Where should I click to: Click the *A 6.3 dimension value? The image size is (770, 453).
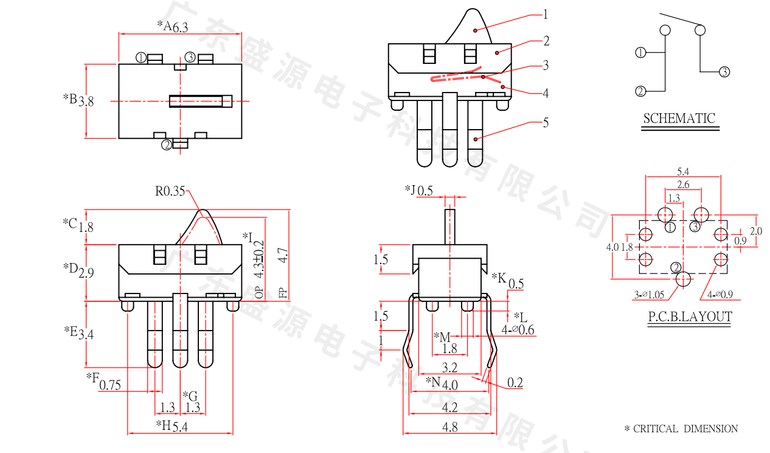tap(181, 27)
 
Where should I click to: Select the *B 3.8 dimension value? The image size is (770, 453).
tap(86, 100)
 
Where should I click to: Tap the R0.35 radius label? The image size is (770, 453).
tap(170, 191)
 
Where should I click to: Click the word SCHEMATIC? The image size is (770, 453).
tap(679, 118)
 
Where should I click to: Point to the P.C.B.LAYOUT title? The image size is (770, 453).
tap(688, 317)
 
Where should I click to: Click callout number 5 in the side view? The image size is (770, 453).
tap(546, 122)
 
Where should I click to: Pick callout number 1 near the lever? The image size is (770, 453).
tap(546, 14)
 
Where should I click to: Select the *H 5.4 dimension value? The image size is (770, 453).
tap(180, 426)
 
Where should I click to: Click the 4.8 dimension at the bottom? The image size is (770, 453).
tap(450, 427)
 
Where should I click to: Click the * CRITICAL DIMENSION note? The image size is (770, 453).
tap(681, 429)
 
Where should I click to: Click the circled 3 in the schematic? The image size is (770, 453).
tap(724, 72)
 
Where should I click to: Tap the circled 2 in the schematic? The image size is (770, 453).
tap(640, 92)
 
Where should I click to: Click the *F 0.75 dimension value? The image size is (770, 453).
tap(109, 384)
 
